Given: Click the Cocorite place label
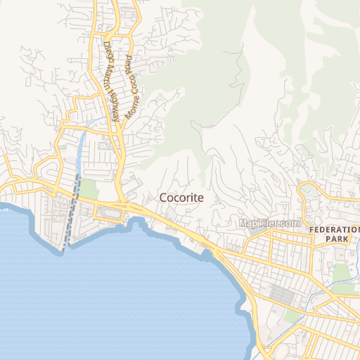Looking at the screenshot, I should click(181, 198).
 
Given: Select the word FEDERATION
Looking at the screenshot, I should click(335, 229).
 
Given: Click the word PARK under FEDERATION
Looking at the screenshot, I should click(336, 239).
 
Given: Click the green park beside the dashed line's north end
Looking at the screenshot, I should click(89, 188).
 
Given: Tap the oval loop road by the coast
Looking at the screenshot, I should click(111, 212).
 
